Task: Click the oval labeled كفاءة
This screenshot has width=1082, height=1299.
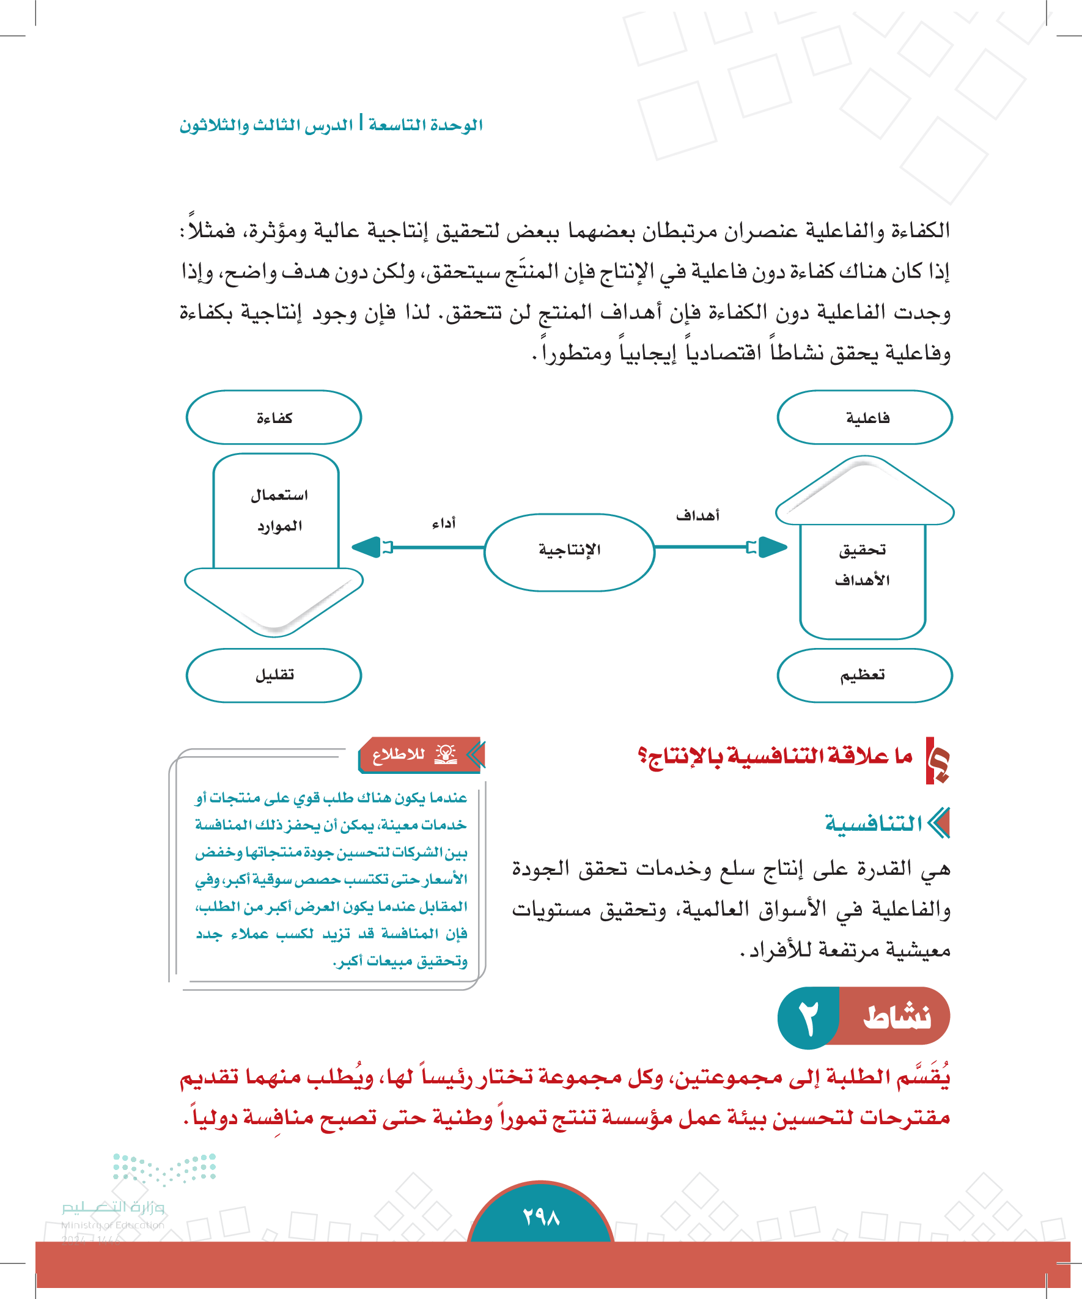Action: [x=273, y=418]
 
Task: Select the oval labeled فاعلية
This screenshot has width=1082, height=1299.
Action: [x=864, y=418]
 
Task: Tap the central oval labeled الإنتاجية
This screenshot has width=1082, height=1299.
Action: [x=569, y=550]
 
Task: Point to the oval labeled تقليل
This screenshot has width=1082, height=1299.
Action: [x=273, y=675]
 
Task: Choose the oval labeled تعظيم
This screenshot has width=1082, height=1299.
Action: [x=864, y=675]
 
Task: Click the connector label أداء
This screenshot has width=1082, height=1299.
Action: [x=444, y=523]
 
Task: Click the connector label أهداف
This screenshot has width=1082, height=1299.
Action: [x=697, y=515]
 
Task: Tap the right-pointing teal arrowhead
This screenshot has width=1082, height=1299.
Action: [x=772, y=547]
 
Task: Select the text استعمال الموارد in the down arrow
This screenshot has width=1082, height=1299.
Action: [x=279, y=510]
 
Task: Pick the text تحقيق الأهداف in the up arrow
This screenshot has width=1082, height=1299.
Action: [x=863, y=564]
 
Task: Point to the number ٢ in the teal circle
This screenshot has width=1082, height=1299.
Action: [x=808, y=1018]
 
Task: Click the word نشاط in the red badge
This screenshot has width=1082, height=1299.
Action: [x=896, y=1018]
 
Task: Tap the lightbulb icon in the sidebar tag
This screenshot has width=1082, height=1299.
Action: [x=446, y=753]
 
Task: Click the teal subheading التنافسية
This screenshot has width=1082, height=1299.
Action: [x=873, y=823]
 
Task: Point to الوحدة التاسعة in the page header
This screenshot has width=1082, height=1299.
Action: [x=425, y=125]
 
